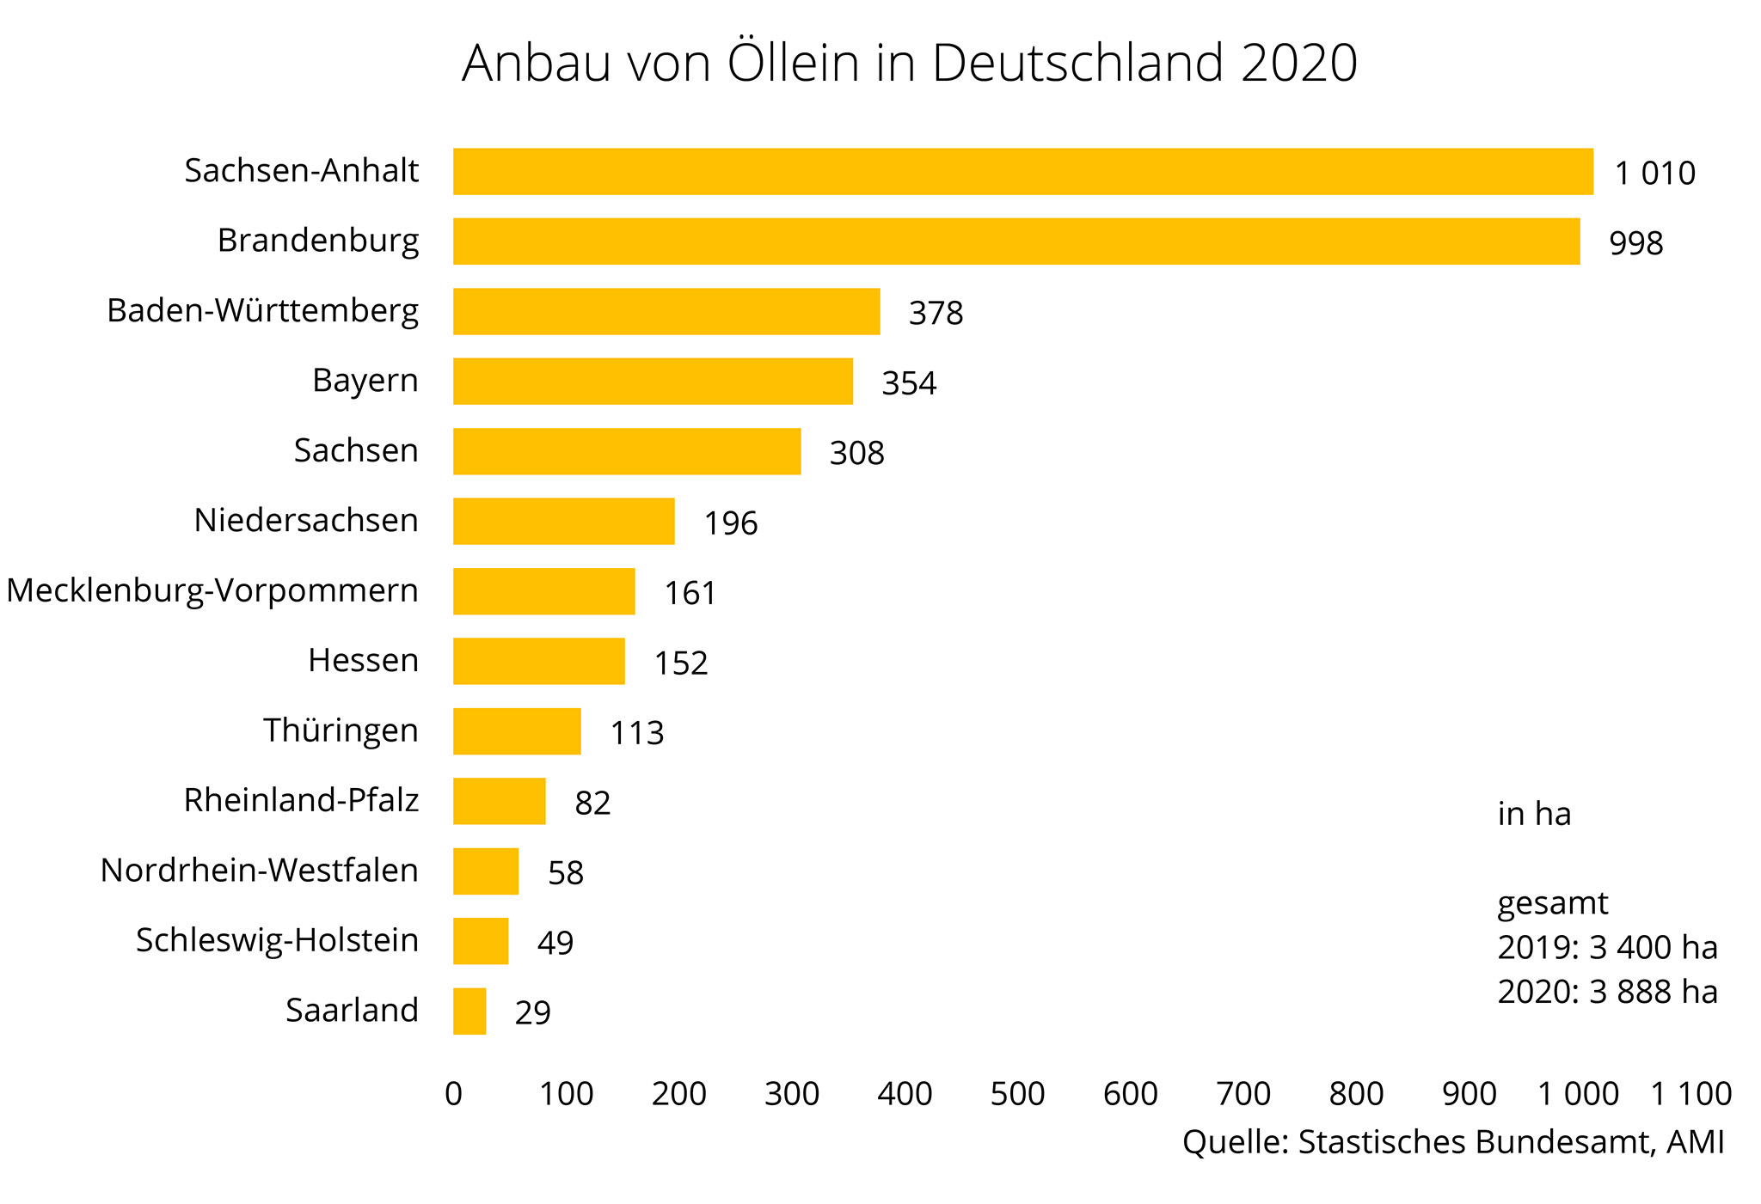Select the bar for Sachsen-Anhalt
click(x=1023, y=172)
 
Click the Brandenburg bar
click(x=1016, y=241)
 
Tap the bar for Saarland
click(x=469, y=1011)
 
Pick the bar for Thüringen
click(x=517, y=731)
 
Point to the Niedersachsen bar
click(x=564, y=521)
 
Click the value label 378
click(x=936, y=313)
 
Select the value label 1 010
click(x=1654, y=174)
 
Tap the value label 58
click(x=566, y=873)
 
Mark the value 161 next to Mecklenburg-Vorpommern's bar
click(x=690, y=593)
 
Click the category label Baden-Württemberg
click(x=262, y=310)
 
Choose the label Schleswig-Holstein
click(x=277, y=940)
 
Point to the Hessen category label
click(x=363, y=660)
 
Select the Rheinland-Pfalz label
click(x=301, y=800)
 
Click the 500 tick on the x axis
click(x=1017, y=1094)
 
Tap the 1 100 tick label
click(x=1690, y=1094)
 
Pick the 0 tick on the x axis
click(x=454, y=1094)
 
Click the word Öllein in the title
click(x=793, y=63)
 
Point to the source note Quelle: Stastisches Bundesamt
click(x=1453, y=1142)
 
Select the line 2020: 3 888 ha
click(x=1607, y=992)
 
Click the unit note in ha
click(x=1534, y=814)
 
